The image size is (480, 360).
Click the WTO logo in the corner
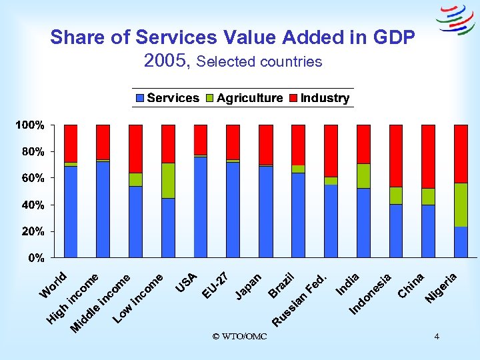(x=455, y=19)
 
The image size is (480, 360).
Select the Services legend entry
(x=167, y=98)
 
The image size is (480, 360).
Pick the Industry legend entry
(x=319, y=98)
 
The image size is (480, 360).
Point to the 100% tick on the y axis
(x=31, y=125)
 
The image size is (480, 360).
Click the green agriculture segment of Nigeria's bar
(x=461, y=205)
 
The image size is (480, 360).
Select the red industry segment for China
(x=428, y=157)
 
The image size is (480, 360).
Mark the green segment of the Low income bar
(x=168, y=181)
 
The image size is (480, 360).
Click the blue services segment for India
(x=363, y=223)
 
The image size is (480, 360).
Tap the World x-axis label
(x=53, y=285)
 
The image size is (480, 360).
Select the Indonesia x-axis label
(x=371, y=294)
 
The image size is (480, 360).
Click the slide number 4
(x=437, y=336)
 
